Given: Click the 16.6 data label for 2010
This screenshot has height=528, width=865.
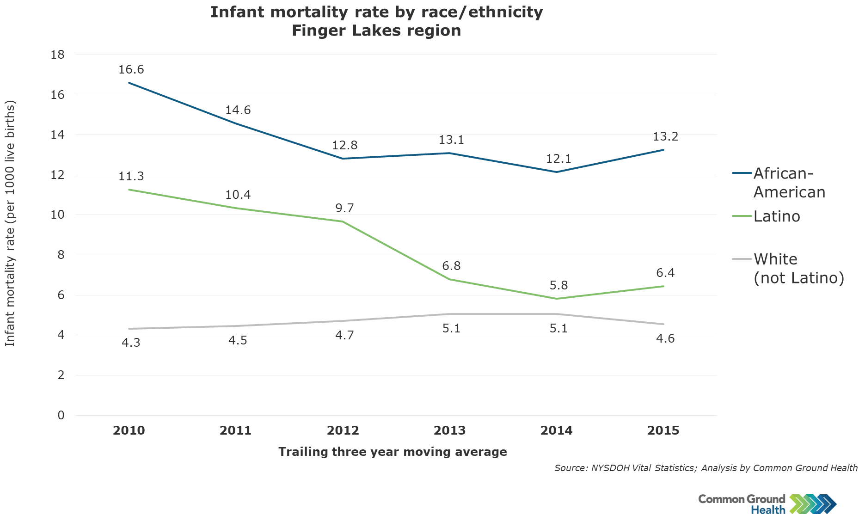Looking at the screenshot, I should [x=131, y=70].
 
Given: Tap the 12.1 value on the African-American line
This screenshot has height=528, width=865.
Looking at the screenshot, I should [x=558, y=159].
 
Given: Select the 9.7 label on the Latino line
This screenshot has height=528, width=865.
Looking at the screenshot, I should [x=344, y=209].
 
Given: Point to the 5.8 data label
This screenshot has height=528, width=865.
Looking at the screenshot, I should [x=558, y=286].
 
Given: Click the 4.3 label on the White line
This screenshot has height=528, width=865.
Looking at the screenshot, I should [x=131, y=343].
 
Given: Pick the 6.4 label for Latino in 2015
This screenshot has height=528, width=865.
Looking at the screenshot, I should [x=665, y=273].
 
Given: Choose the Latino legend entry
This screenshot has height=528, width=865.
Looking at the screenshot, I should [x=776, y=216].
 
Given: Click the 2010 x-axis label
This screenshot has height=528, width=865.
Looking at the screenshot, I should [x=129, y=431].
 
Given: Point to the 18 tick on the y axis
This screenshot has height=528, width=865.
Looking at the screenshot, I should [x=57, y=55].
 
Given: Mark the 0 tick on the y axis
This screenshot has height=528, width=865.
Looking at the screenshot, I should [x=61, y=415].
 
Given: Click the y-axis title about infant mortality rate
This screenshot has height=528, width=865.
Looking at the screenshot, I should [x=10, y=223].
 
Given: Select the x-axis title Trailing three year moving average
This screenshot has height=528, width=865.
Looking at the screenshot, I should [x=393, y=452].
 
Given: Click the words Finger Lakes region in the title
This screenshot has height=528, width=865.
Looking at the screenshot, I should [x=376, y=31].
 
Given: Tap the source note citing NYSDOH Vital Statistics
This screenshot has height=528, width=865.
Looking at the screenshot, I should [x=705, y=468].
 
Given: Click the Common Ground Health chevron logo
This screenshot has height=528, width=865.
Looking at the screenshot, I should [x=813, y=504].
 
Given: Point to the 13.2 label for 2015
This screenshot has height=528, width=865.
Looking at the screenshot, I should [x=665, y=137].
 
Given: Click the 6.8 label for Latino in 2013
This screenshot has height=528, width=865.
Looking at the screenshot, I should [x=451, y=266].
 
